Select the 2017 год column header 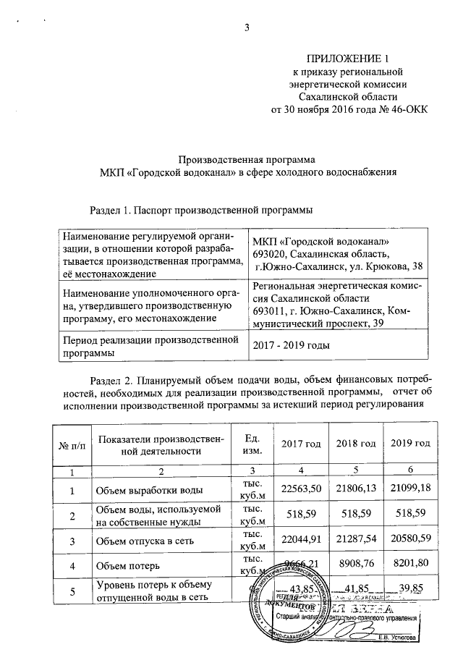pos(300,443)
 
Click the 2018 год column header pos(355,443)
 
